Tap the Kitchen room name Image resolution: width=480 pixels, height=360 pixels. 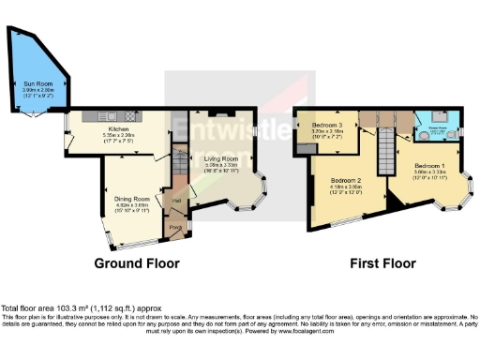(x=117, y=128)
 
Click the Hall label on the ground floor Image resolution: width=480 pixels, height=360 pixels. (x=173, y=200)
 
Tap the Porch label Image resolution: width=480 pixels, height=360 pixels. (x=174, y=227)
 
